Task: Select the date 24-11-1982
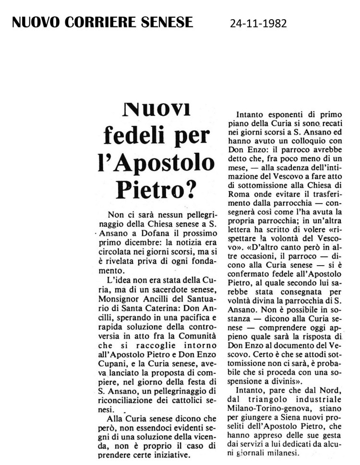tap(258, 23)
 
